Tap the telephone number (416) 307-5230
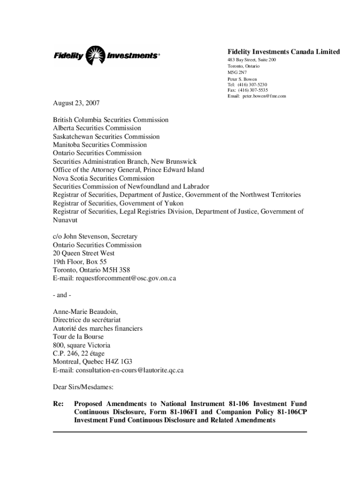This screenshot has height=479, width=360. pyautogui.click(x=252, y=85)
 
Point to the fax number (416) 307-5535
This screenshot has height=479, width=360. pyautogui.click(x=252, y=90)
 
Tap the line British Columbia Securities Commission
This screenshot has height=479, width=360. pyautogui.click(x=110, y=120)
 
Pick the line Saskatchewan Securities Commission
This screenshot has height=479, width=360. pyautogui.click(x=106, y=137)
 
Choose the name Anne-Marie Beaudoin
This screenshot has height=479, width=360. pyautogui.click(x=85, y=312)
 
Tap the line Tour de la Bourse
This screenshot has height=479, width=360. pyautogui.click(x=78, y=337)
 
